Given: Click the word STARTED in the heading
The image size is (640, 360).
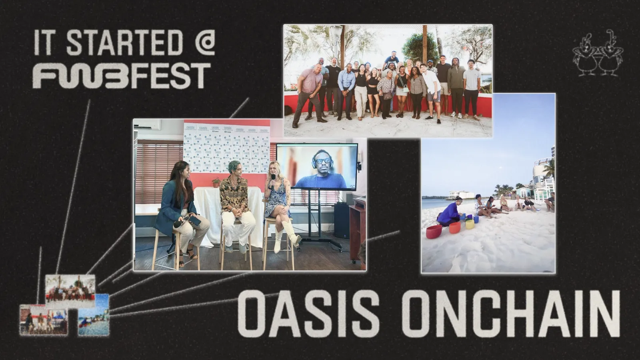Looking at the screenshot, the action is click(x=124, y=42).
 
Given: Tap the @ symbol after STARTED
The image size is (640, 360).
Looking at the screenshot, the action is click(x=205, y=42).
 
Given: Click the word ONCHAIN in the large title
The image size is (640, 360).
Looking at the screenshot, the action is click(x=510, y=314).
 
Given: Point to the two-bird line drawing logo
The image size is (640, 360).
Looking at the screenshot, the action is click(x=598, y=54).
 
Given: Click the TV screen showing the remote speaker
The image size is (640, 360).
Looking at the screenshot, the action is click(x=317, y=166).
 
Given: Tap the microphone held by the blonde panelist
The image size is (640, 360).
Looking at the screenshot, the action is click(x=273, y=180).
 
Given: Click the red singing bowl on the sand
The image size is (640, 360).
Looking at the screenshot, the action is click(x=434, y=232).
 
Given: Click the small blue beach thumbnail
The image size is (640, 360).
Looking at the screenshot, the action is click(x=94, y=314).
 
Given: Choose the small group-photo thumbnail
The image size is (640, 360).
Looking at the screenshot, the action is click(x=70, y=291).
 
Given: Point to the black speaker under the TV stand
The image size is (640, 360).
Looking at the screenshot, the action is click(x=342, y=220).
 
